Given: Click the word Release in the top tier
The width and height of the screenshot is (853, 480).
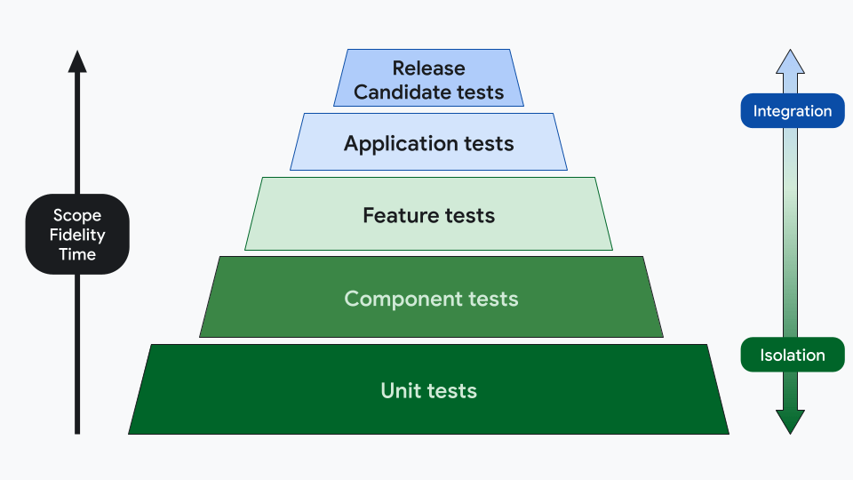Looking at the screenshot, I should (428, 68).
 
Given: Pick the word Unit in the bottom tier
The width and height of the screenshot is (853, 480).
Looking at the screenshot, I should (399, 390).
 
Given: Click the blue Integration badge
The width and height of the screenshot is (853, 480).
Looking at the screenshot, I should (792, 111).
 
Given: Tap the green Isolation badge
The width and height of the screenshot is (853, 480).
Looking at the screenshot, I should (792, 356).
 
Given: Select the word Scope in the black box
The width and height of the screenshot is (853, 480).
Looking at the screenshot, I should (77, 215).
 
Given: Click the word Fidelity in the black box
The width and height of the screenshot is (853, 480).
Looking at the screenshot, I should (77, 235).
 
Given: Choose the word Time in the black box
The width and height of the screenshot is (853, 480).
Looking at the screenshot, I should (77, 254).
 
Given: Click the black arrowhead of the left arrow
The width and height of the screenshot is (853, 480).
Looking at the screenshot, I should (77, 61).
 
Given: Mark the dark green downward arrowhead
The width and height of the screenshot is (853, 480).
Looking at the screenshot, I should (790, 421).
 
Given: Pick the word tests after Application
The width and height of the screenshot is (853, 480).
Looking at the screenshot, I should (489, 144).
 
